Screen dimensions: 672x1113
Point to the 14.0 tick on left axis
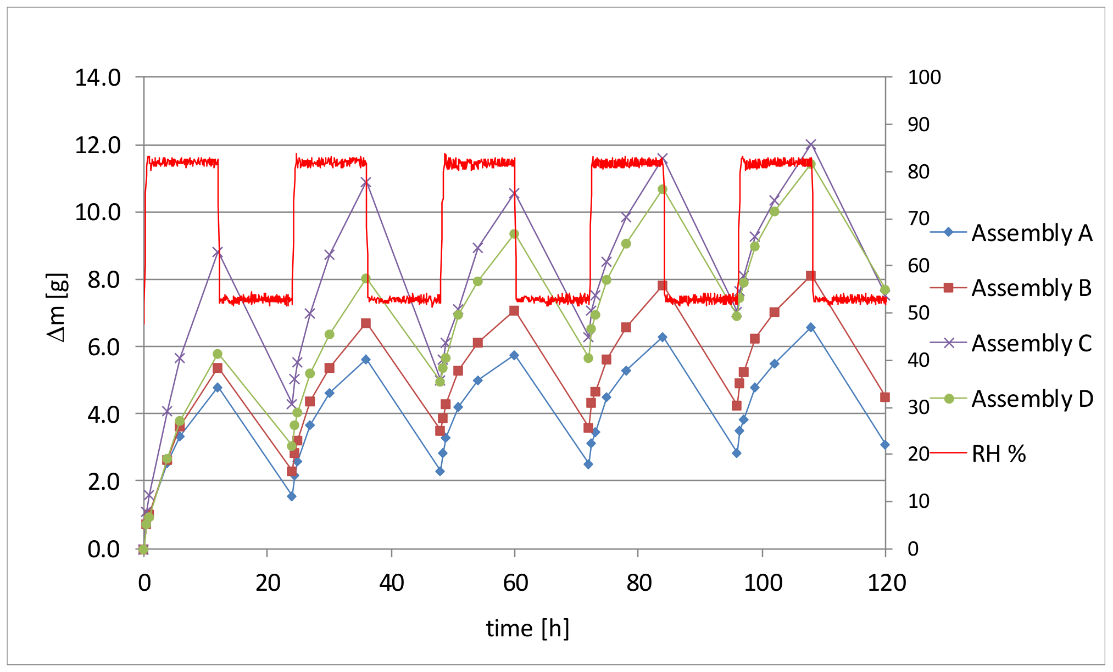pos(98,78)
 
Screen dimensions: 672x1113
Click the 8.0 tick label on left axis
pos(104,280)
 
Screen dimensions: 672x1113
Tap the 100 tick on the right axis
pos(924,77)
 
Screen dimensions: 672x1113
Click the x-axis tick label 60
pos(515,583)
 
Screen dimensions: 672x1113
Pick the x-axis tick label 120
pos(886,583)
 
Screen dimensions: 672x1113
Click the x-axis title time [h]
pos(527,629)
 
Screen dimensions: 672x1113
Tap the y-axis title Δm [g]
pos(58,307)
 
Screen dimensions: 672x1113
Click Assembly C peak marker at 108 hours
pos(811,144)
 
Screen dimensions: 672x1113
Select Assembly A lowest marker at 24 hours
pos(292,496)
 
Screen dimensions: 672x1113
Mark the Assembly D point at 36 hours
pos(366,278)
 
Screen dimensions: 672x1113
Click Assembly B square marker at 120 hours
pos(884,397)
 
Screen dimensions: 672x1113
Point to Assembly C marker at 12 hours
pos(218,252)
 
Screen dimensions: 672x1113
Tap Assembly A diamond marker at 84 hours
pos(663,337)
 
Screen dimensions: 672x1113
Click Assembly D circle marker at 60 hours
pos(514,234)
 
